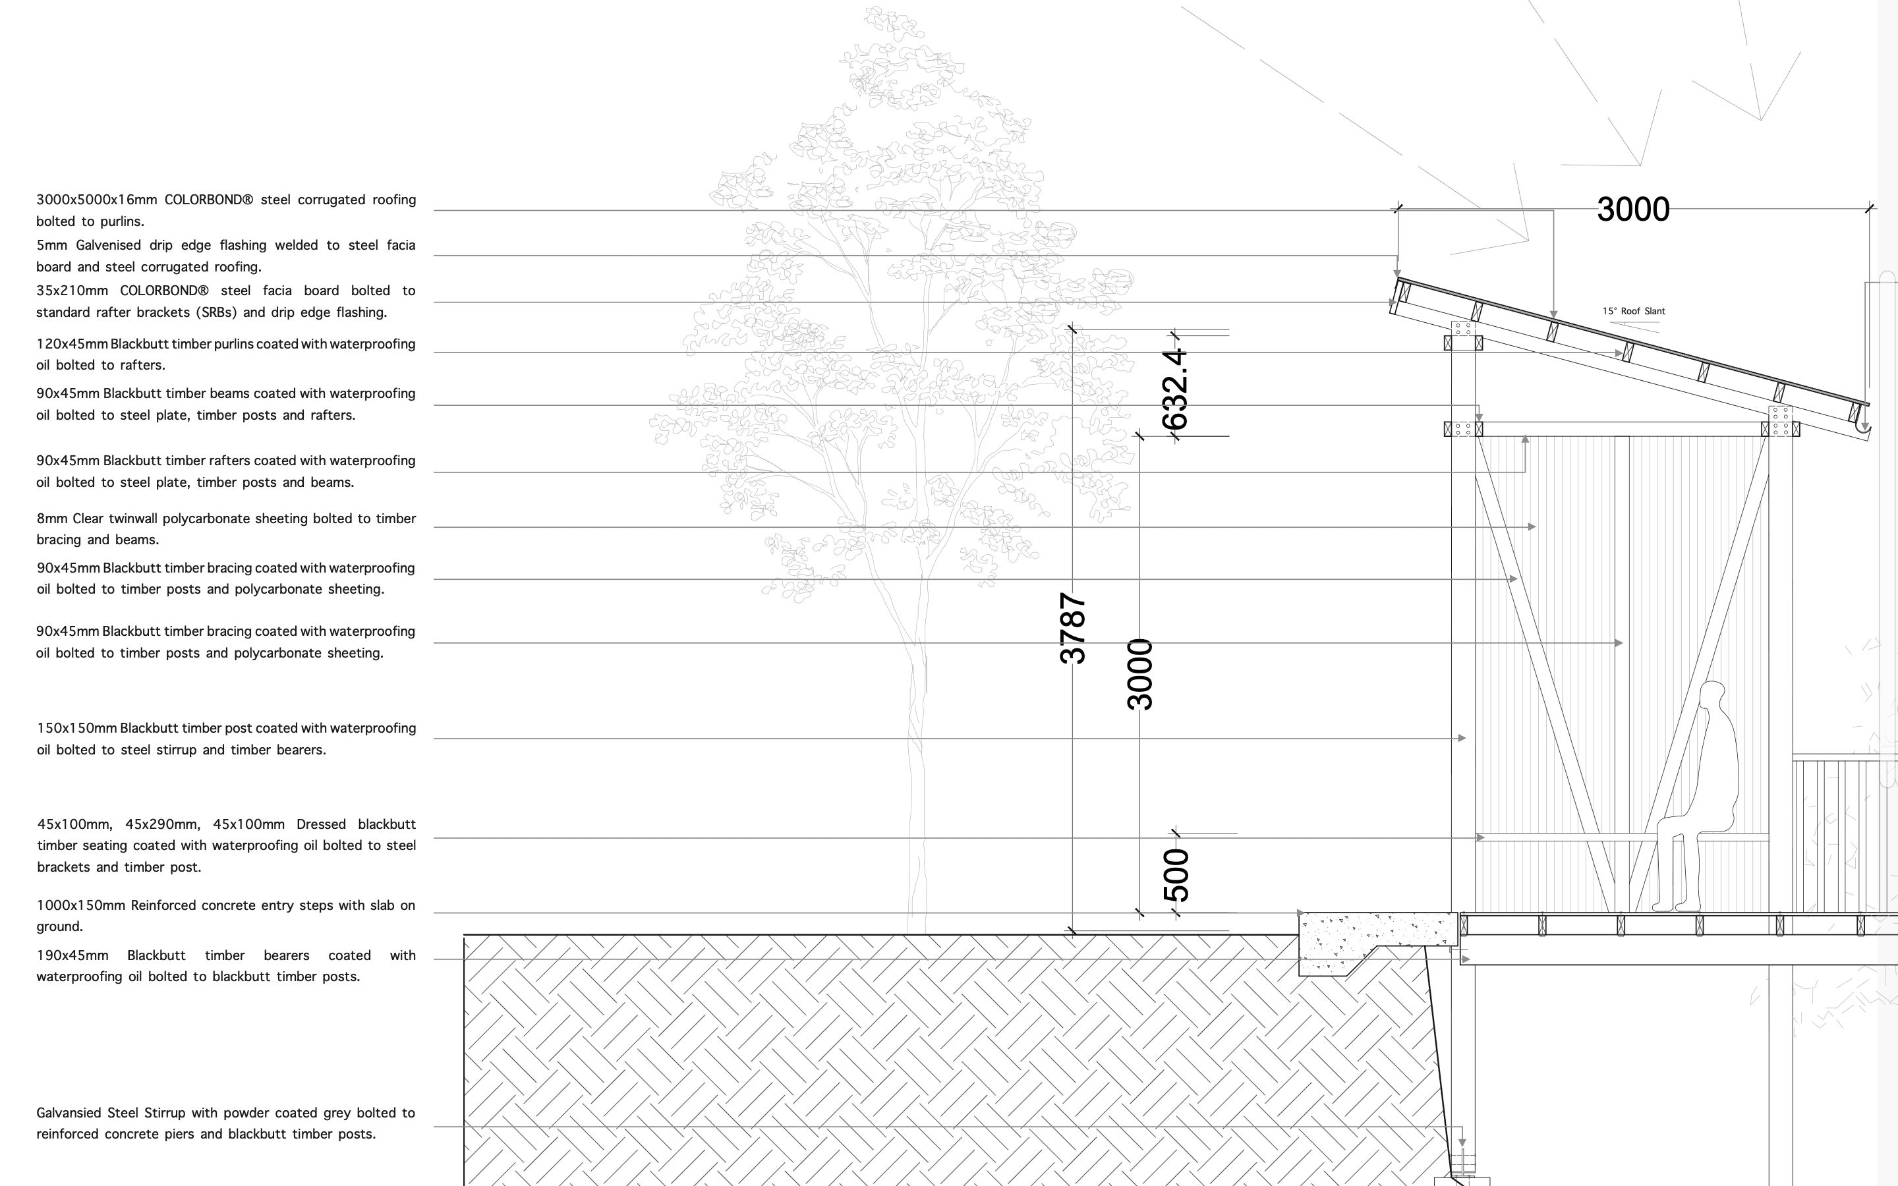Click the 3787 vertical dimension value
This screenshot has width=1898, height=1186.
click(1072, 629)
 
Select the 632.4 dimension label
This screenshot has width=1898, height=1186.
click(1175, 390)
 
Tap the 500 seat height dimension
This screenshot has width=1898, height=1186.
click(1176, 874)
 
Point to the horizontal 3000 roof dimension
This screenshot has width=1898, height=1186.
click(1633, 210)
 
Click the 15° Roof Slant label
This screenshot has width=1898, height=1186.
click(1633, 312)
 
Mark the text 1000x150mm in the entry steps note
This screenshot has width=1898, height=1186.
click(81, 905)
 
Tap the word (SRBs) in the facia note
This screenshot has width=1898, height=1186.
click(216, 312)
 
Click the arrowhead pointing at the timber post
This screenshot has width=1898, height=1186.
click(1462, 738)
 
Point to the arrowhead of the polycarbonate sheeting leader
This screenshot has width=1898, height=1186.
click(1532, 527)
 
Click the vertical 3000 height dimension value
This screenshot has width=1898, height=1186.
click(1139, 674)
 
